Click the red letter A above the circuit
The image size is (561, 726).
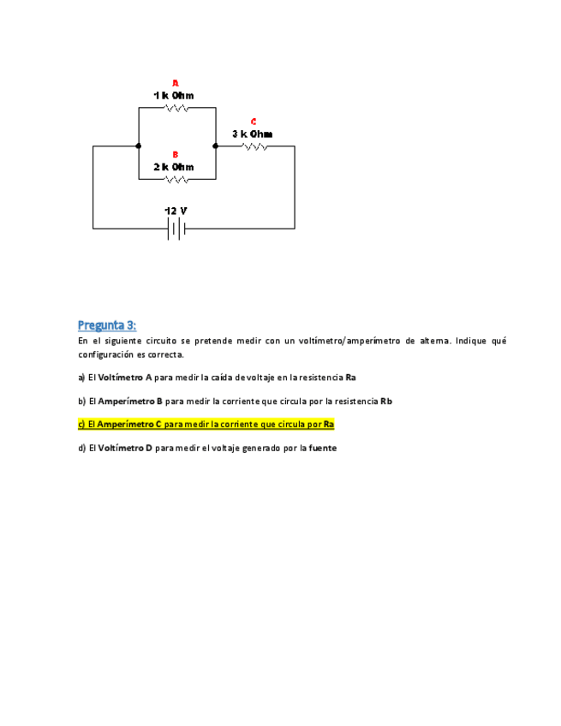175,83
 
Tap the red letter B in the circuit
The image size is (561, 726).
175,155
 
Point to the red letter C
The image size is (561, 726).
254,122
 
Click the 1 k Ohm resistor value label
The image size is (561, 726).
174,95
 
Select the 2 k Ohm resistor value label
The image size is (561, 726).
174,167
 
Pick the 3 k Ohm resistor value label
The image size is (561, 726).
253,134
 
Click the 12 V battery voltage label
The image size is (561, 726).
176,211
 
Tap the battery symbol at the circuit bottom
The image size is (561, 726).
176,229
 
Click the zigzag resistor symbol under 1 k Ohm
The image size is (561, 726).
177,108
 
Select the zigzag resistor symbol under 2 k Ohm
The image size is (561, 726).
177,180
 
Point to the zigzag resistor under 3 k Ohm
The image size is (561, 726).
255,146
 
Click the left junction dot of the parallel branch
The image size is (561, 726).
138,146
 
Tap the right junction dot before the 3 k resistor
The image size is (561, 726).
216,146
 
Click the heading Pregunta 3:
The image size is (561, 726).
107,325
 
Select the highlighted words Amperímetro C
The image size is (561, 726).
129,424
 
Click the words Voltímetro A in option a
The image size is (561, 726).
125,378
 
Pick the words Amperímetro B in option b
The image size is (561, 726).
130,401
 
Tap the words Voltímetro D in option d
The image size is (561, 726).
125,448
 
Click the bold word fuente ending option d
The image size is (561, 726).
322,448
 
